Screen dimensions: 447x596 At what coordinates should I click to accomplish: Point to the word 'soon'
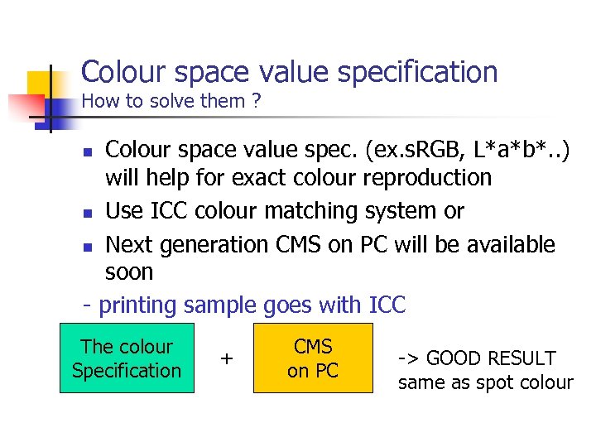(129, 272)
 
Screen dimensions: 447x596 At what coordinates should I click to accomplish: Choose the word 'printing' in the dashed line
(137, 305)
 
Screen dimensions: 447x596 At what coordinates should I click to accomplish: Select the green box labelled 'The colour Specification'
(127, 358)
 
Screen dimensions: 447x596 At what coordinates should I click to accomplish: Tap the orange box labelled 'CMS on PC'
(313, 358)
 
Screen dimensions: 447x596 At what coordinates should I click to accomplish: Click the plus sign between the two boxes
(226, 358)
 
